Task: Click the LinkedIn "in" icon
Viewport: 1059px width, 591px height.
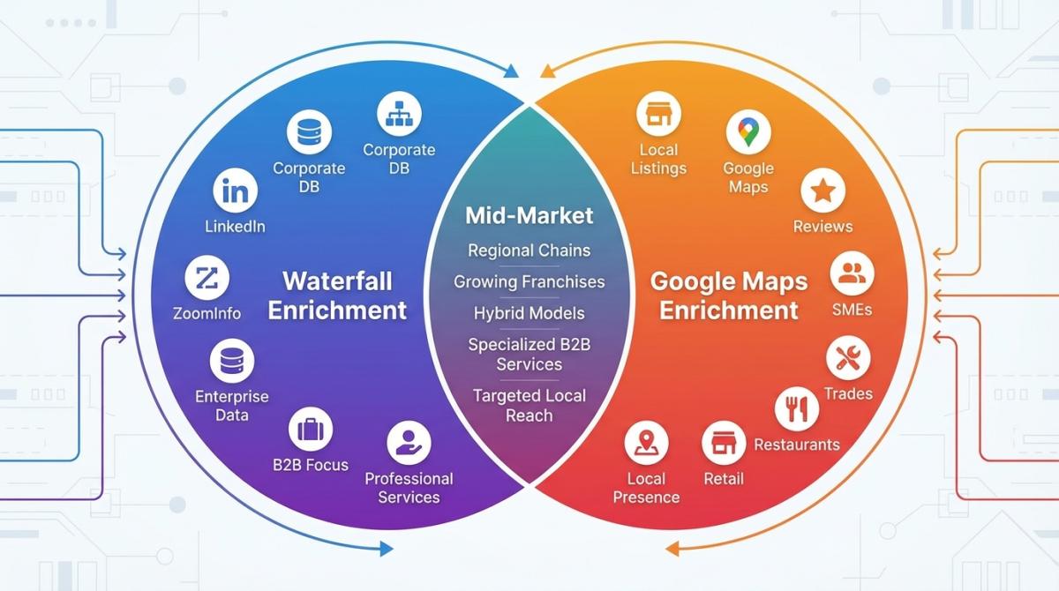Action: pos(236,191)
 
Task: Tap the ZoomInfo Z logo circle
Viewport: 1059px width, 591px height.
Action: pos(207,280)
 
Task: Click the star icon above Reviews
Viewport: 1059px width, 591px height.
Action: pos(823,191)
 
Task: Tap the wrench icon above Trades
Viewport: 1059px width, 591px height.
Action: pos(848,358)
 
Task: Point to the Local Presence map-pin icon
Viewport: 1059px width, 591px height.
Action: pos(647,443)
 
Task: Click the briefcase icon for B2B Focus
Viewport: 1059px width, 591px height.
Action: pos(310,430)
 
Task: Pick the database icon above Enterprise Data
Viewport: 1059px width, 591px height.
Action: pos(232,362)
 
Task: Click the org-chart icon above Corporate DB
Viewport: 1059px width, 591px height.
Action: pos(399,113)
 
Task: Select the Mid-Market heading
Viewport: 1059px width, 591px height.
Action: pos(529,215)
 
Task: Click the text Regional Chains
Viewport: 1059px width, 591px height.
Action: pos(529,250)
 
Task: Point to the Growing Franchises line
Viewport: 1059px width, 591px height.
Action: pos(529,281)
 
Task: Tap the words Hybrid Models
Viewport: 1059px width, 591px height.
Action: pos(529,312)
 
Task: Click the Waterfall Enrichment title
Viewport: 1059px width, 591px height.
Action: pos(337,295)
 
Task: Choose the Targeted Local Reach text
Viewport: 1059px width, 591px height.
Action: pos(529,405)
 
